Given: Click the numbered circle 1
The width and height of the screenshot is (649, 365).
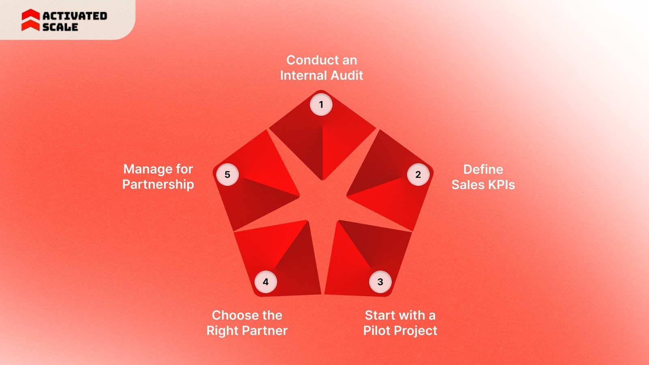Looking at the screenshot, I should pos(321,105).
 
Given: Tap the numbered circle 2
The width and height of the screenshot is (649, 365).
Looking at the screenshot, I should pos(418,175).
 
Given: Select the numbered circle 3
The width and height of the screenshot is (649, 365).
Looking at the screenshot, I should pos(380,282).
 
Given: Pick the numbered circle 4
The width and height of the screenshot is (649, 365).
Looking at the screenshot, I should pos(266,282).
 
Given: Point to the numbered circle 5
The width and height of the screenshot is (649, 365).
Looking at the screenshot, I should pos(228,175).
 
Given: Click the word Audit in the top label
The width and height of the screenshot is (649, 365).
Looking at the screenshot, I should pos(347,75).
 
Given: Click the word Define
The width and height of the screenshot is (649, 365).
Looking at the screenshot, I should pos(483,169).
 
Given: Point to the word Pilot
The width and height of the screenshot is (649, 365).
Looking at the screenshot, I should pos(376,331).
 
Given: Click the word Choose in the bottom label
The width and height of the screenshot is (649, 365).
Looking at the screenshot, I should pos(230,315).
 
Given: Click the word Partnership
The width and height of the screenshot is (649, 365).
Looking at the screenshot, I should pos(158,184).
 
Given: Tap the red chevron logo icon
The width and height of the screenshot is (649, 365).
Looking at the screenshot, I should pos(30,20).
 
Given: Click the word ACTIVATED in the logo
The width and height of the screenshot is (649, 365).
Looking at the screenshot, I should pos(75,16).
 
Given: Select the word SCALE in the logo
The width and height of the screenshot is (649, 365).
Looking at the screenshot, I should pos(60,27).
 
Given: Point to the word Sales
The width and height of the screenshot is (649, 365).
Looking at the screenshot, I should pos(468,185).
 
